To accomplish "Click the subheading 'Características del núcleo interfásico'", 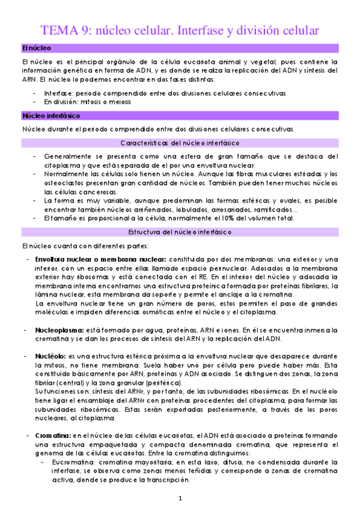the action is coord(180,143).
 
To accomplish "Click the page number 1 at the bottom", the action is coord(180,499).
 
